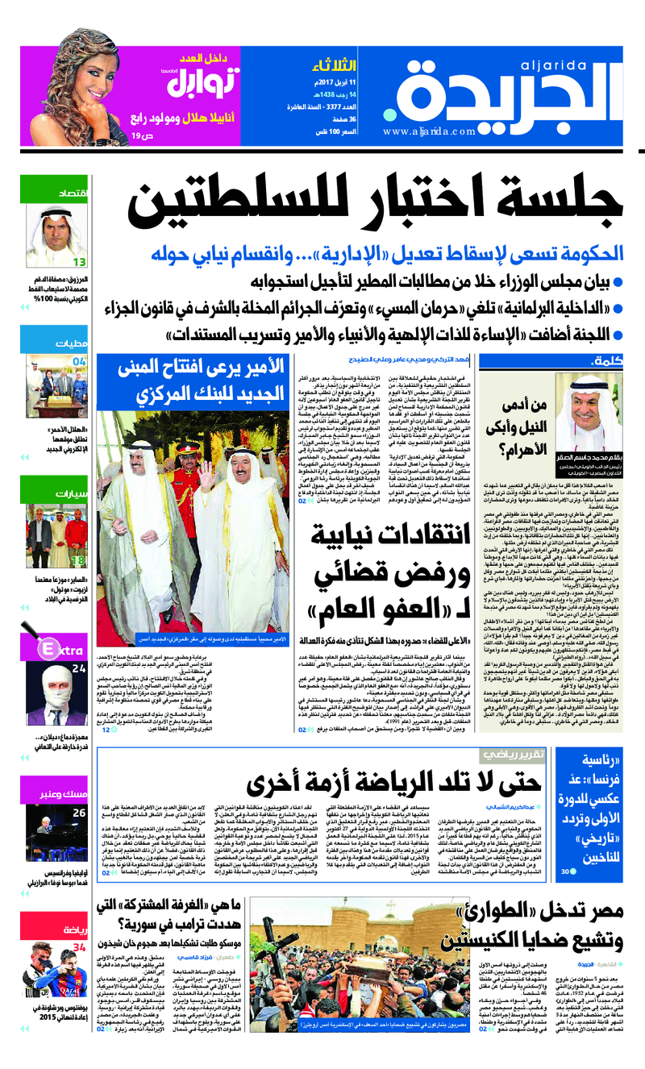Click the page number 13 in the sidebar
(80, 261)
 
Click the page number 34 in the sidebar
(79, 947)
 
